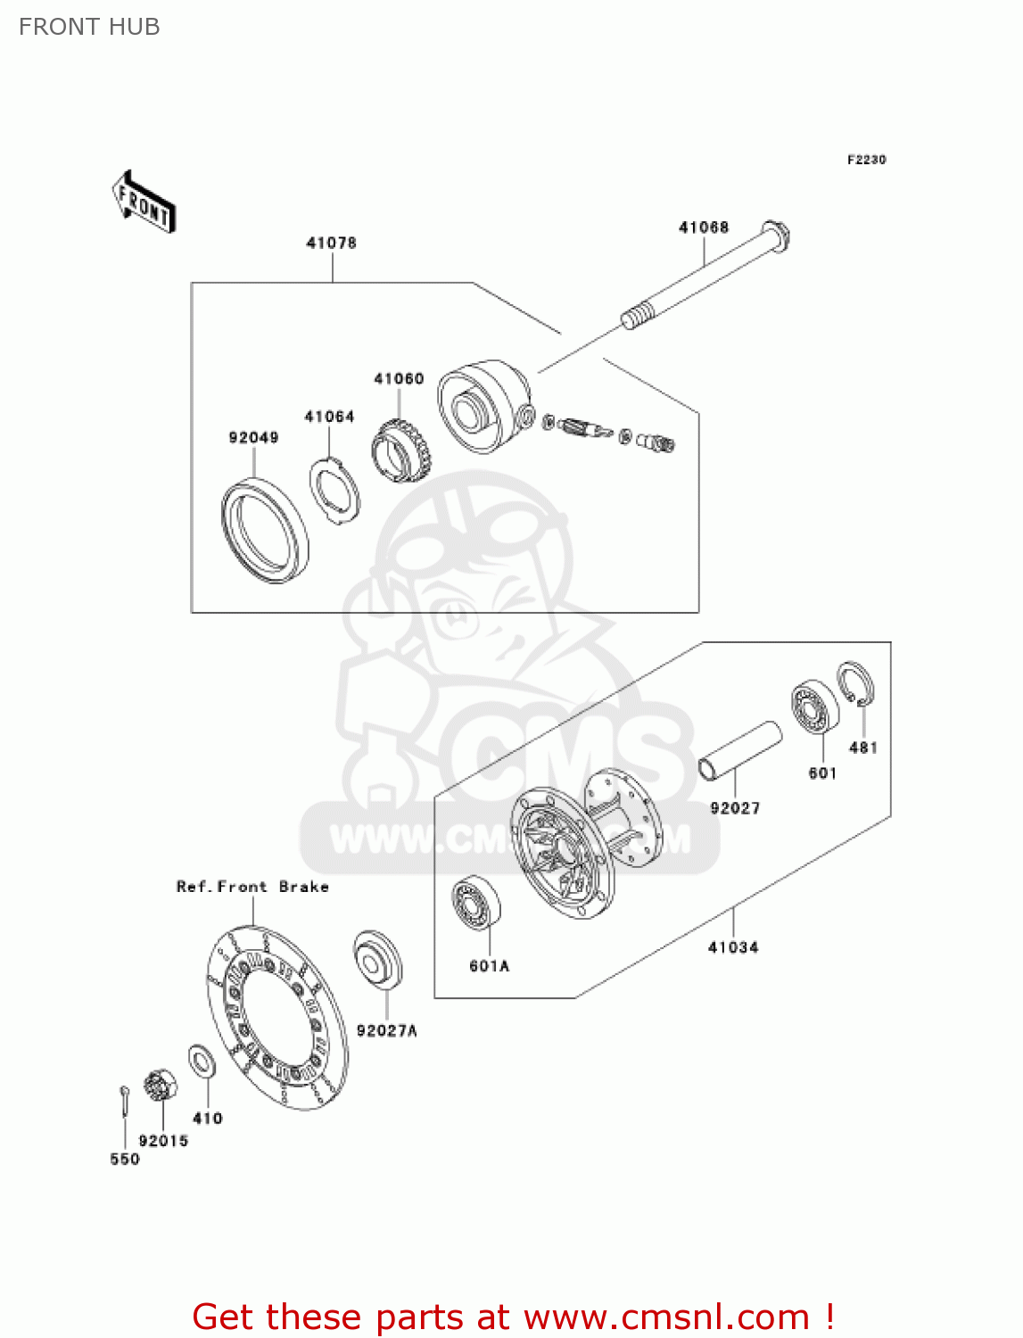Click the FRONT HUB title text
coord(89,27)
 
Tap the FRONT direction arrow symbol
coord(144,202)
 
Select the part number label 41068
coord(703,227)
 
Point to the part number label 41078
coord(331,243)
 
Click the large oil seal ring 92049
coord(264,532)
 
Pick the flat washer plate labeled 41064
coord(335,490)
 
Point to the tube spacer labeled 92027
coord(740,750)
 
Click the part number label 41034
coord(732,947)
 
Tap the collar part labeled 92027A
coord(378,960)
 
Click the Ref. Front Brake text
coord(252,887)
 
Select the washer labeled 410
coord(202,1061)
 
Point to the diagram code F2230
coord(866,160)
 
